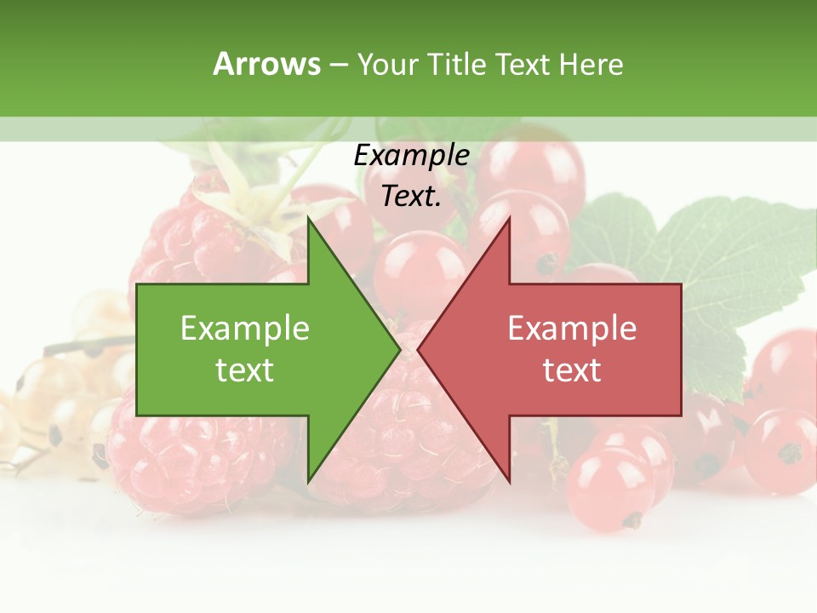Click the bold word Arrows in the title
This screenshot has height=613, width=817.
266,64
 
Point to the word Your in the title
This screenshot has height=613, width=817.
386,64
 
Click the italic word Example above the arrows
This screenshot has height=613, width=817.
411,156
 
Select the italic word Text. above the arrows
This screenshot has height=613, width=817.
411,197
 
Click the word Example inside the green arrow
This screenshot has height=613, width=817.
245,329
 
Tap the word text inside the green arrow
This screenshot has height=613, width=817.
245,370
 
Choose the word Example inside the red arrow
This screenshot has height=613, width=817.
572,329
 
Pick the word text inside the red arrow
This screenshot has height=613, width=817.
572,370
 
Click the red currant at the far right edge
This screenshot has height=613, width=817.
787,451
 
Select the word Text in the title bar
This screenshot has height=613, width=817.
522,64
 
